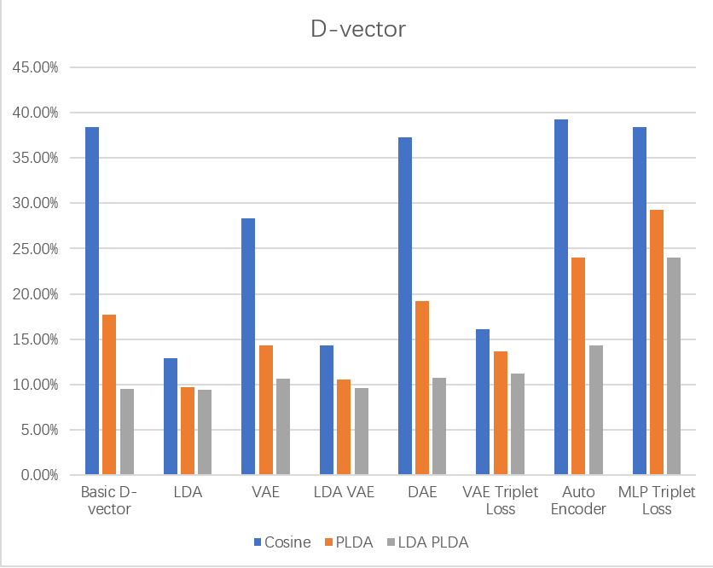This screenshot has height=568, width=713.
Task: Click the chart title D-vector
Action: [356, 30]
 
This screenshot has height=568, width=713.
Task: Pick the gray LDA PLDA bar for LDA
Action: [205, 432]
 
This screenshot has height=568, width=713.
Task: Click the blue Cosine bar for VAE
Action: [248, 346]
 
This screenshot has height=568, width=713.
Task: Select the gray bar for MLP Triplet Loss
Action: [674, 366]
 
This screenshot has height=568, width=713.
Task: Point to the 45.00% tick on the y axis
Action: [34, 67]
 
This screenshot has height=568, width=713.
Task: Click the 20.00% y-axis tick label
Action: [34, 294]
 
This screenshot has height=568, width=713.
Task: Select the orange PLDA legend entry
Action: [350, 542]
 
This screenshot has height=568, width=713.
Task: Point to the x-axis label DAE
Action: [422, 493]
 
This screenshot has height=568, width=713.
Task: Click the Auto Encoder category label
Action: [578, 501]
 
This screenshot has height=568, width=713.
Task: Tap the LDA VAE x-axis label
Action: [344, 493]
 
